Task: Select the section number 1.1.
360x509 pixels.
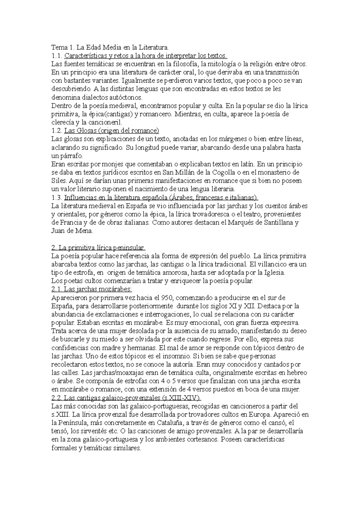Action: click(56, 56)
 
